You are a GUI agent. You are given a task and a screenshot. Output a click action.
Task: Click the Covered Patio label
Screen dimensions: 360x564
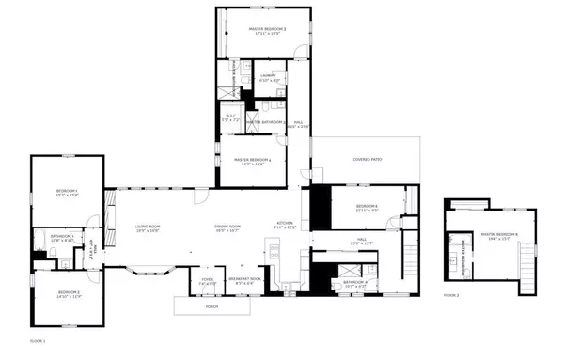click(x=368, y=160)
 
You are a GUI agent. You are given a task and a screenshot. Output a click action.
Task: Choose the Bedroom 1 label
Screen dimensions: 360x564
click(x=65, y=195)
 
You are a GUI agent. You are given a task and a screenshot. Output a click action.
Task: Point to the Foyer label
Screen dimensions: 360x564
click(x=207, y=280)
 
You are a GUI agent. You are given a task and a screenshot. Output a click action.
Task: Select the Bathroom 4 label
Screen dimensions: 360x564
click(x=354, y=283)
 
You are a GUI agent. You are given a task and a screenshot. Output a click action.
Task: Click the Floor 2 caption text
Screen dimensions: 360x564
click(x=451, y=295)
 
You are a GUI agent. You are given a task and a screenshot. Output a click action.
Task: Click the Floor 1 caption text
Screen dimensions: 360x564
click(x=38, y=339)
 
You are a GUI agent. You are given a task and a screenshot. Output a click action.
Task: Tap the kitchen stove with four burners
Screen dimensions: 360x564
click(x=274, y=250)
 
